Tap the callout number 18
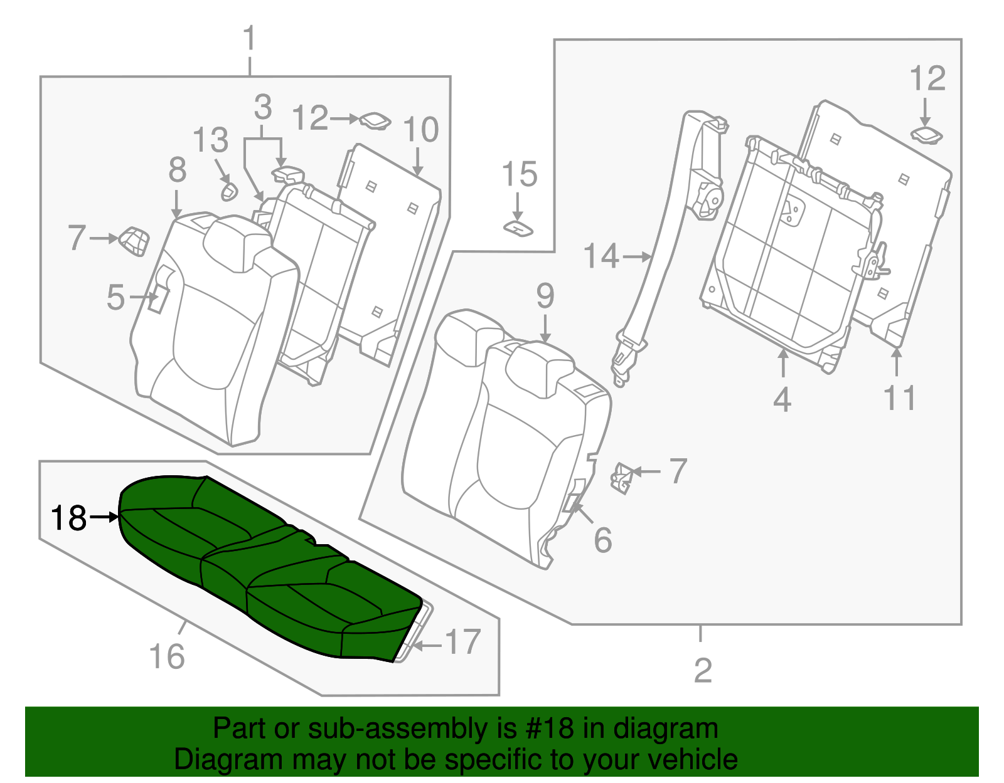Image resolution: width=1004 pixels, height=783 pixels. point(68,518)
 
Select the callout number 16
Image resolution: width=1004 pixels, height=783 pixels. point(167,656)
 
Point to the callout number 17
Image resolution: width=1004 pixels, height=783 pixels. point(462,643)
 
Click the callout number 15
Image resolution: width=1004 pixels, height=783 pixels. point(520,174)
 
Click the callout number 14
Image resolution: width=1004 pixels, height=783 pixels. point(601,256)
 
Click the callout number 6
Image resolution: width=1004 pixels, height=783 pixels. point(602,539)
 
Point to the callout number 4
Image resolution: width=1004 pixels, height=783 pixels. point(782,399)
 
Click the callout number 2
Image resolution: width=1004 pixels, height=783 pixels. point(703,670)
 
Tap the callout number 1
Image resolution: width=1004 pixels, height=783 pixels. point(250,39)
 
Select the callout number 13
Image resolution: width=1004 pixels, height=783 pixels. point(210,140)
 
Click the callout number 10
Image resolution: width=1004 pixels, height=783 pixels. point(420,130)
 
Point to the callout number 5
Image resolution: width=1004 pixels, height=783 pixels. point(115,297)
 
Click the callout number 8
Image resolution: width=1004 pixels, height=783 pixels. point(177,169)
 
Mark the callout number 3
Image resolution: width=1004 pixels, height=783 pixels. point(263,107)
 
